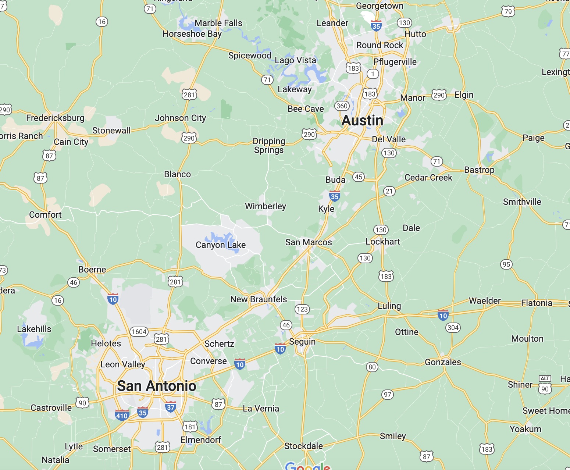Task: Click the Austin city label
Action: [362, 121]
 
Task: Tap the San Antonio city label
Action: [157, 386]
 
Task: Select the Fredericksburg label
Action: [55, 118]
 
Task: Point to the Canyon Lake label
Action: [221, 245]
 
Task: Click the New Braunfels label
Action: [259, 299]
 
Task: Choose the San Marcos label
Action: [309, 242]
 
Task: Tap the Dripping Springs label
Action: [269, 146]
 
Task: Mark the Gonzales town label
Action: [443, 362]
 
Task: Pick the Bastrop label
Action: [479, 170]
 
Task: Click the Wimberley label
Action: [266, 206]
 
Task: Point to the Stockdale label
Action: [303, 446]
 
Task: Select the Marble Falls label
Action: [218, 23]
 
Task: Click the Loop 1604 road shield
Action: [139, 332]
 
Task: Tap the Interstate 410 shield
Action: [122, 415]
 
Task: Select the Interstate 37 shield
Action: [171, 407]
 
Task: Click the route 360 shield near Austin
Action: [342, 106]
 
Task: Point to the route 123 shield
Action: [302, 309]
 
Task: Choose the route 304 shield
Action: [453, 328]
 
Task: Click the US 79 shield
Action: [508, 12]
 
